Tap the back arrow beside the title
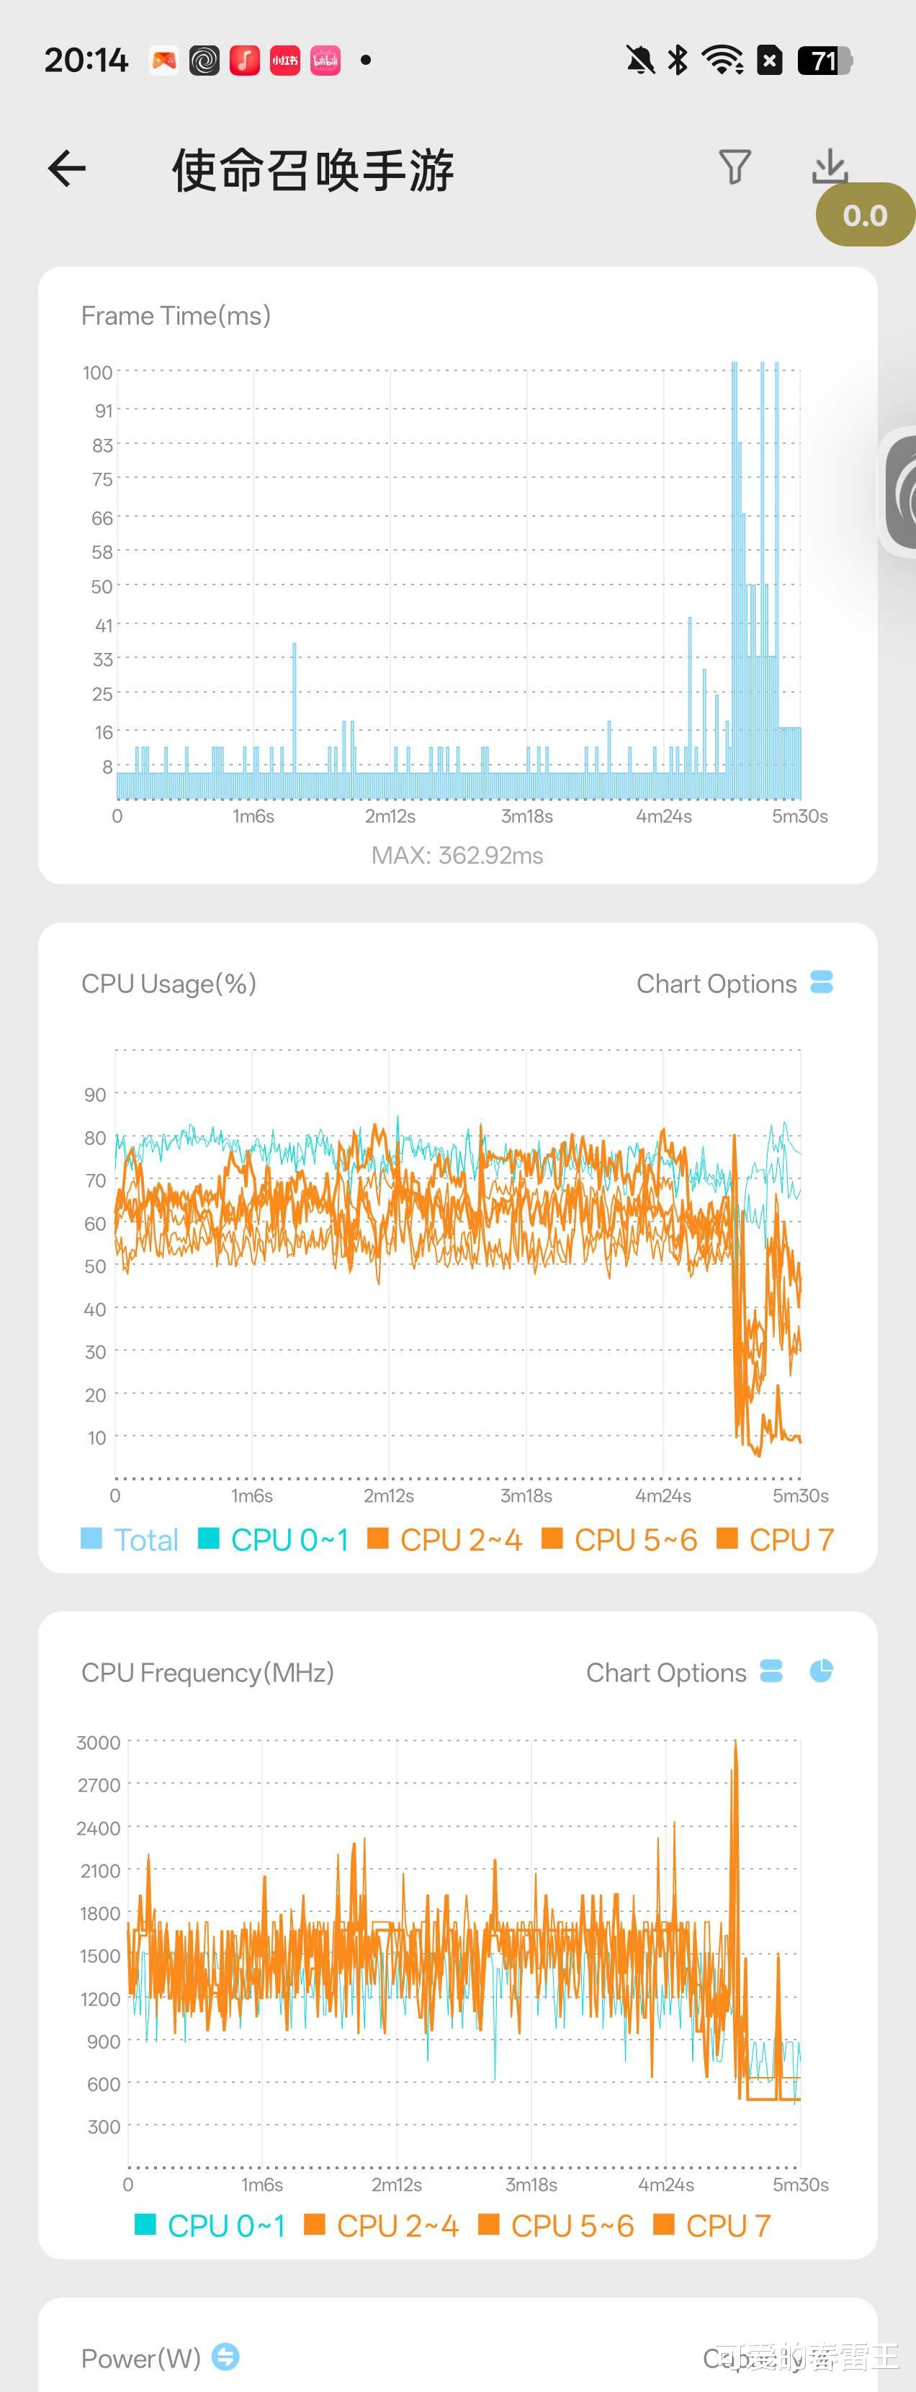67,169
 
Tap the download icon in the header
829,167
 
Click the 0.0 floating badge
864,215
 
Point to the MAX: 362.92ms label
457,855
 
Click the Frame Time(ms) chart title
176,316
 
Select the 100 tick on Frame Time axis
97,373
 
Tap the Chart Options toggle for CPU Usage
822,982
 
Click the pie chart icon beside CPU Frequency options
822,1671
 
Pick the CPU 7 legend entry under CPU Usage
776,1539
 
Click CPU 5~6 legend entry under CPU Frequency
556,2226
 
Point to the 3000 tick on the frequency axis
99,1743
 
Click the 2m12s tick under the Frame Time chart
390,817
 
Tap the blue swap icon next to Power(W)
225,2357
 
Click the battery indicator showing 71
824,61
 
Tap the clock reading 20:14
86,61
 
